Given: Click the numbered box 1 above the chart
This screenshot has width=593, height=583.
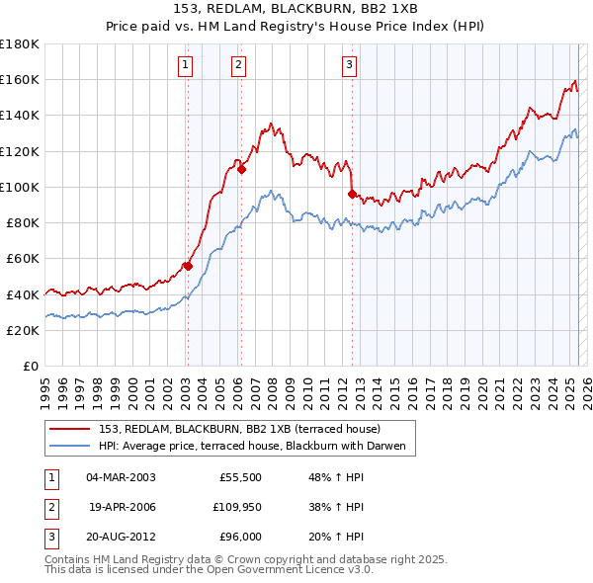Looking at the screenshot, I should tap(186, 66).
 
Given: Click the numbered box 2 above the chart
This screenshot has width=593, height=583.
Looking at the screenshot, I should tap(239, 66).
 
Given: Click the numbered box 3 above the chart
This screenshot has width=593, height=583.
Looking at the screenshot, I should tap(350, 66).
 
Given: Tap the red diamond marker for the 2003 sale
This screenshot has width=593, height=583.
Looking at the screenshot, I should tap(187, 266).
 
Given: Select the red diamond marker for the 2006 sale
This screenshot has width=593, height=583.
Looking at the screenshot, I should tap(241, 169).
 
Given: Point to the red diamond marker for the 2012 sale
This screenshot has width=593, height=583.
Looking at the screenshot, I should tap(352, 194).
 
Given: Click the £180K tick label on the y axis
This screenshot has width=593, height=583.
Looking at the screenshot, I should tap(20, 43).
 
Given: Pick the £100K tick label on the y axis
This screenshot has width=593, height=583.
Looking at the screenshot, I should tap(20, 187).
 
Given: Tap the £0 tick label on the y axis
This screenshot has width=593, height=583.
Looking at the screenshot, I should tap(29, 366).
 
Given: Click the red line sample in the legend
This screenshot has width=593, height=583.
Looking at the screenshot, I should tap(70, 429).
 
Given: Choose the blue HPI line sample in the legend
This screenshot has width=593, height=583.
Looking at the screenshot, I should tap(70, 446).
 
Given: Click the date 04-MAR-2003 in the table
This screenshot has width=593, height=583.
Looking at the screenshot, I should tap(122, 477).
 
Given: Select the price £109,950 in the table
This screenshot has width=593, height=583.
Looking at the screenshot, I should tap(234, 507).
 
